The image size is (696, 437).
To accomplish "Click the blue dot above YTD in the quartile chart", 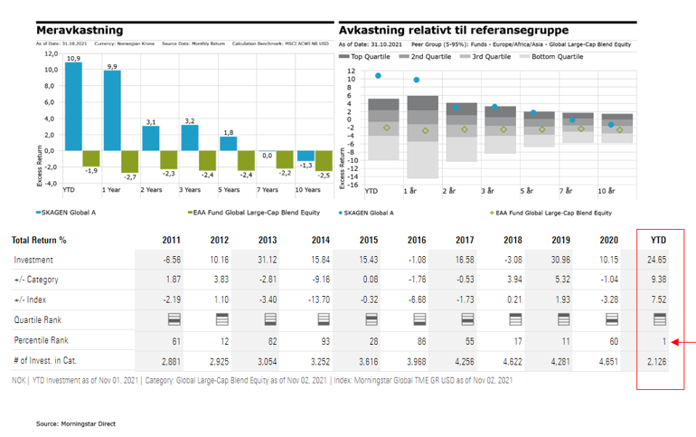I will tap(378, 76).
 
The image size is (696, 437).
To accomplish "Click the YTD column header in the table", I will tap(658, 241).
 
